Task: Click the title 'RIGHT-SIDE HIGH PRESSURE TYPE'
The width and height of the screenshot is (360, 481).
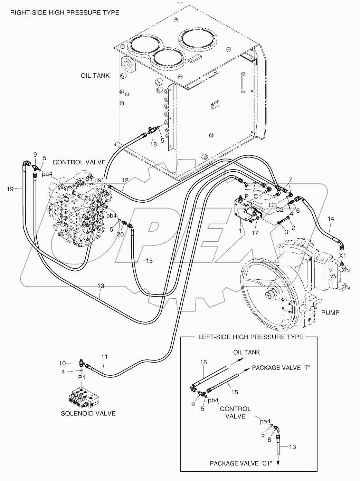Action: tap(65, 13)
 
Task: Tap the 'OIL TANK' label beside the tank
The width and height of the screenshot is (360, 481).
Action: tap(95, 76)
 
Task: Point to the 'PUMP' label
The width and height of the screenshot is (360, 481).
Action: tap(330, 312)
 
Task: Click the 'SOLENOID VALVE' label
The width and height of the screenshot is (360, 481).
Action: tap(88, 413)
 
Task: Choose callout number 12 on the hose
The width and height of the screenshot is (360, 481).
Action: tap(125, 180)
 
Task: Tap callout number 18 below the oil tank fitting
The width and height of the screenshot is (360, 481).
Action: tap(153, 144)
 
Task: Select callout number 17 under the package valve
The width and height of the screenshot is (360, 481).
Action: tap(255, 233)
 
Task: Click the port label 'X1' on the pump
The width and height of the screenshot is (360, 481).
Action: tap(342, 256)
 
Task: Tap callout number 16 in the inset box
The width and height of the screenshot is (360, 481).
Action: tap(203, 362)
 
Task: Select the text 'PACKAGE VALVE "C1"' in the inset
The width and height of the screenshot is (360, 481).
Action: tap(241, 463)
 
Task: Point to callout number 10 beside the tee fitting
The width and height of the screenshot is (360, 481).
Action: tap(62, 363)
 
